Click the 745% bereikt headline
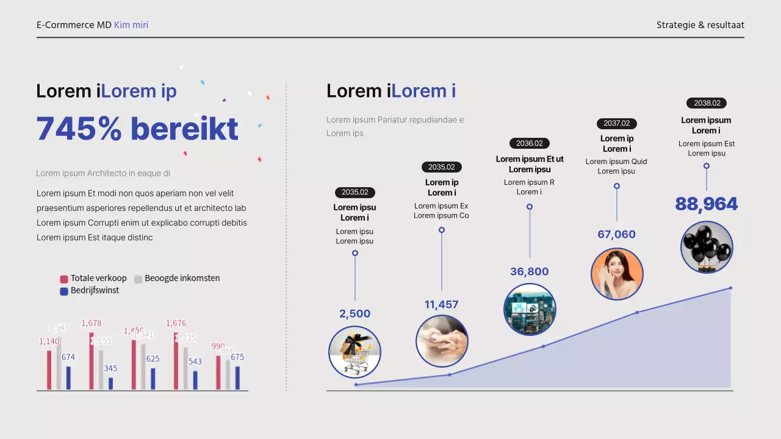(x=137, y=129)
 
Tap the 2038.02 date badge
(x=707, y=103)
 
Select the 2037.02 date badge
(x=616, y=123)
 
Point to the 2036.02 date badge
(x=529, y=143)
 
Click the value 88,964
(x=707, y=204)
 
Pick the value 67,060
(x=616, y=235)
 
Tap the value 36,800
(x=529, y=271)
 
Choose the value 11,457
(x=441, y=304)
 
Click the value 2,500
(x=355, y=314)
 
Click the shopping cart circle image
(x=355, y=352)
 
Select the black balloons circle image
(x=707, y=247)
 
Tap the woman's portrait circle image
(x=617, y=274)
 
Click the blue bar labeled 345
(x=110, y=384)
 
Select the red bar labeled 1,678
(x=92, y=361)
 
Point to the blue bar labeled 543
(x=195, y=380)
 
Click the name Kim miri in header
(x=131, y=25)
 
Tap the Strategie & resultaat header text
(x=700, y=25)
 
